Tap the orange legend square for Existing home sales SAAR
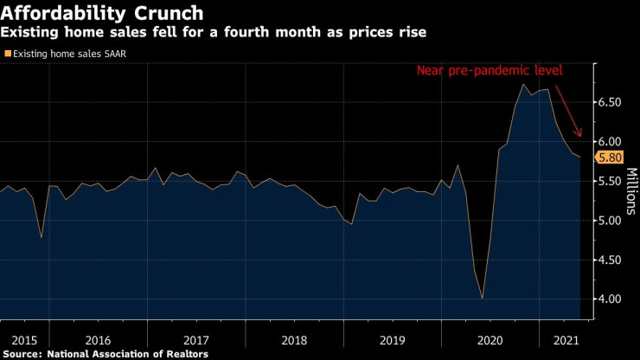pos(8,53)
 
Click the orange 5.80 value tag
pos(605,157)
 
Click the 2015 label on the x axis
pos(18,340)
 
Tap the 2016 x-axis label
pos(98,340)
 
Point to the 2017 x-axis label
pos(196,340)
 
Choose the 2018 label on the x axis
pos(294,340)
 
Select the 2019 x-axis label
pos(393,340)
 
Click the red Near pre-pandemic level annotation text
pos(490,70)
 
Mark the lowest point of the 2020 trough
pos(482,299)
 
